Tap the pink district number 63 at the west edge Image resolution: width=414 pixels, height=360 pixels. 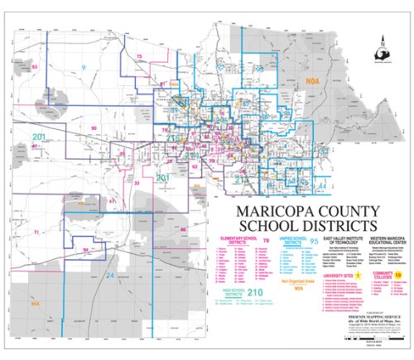pos(35,66)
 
